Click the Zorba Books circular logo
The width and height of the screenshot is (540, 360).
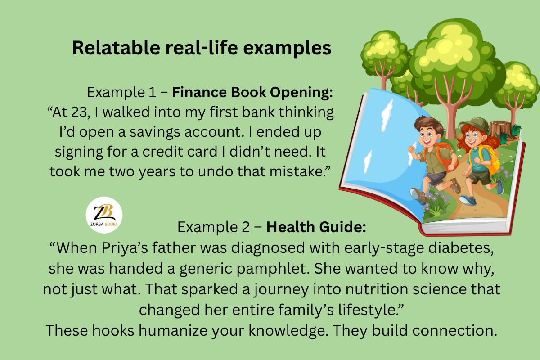pos(104,215)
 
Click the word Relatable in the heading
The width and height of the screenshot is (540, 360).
pos(116,48)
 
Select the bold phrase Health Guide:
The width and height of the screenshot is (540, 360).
pos(316,227)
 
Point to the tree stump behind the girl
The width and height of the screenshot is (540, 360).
pos(500,130)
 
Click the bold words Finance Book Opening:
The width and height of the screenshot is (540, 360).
pos(252,92)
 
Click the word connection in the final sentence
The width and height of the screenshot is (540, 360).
pos(454,331)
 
